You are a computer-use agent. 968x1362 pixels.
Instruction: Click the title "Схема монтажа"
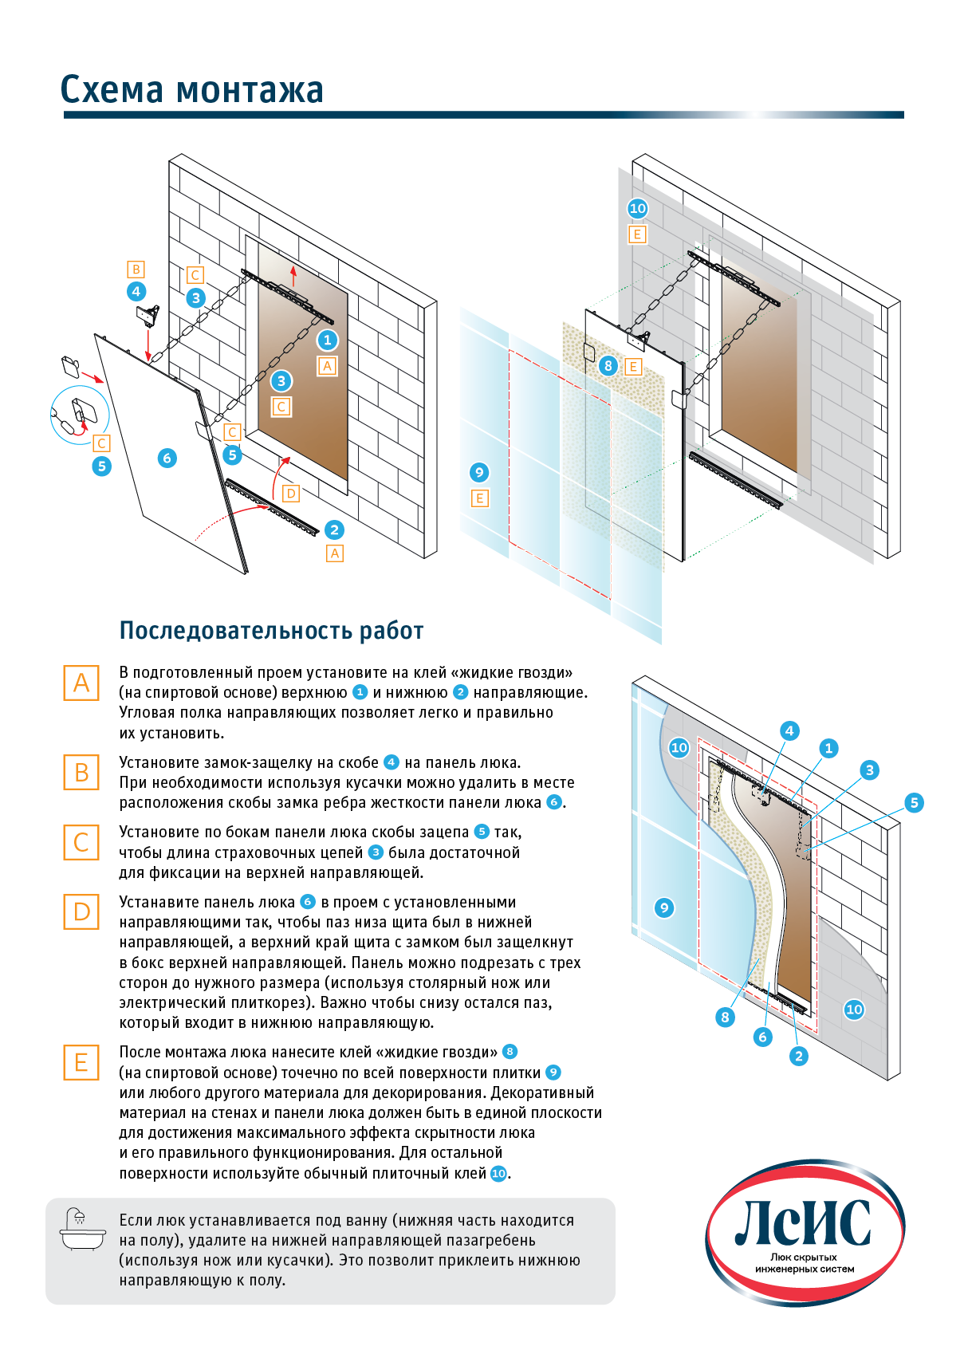point(191,90)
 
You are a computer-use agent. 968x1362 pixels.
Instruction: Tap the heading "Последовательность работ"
point(271,631)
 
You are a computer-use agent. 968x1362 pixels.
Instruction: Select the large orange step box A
point(81,683)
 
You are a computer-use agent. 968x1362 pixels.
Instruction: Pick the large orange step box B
point(81,773)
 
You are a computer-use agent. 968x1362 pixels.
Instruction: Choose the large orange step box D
point(81,911)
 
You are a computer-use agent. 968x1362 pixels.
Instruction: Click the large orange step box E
point(81,1062)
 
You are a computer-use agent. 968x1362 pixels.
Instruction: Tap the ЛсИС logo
point(804,1231)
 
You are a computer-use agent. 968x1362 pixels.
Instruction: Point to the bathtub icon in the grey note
point(82,1229)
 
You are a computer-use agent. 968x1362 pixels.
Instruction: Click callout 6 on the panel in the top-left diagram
point(167,458)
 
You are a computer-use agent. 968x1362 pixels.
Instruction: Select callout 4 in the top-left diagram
point(136,291)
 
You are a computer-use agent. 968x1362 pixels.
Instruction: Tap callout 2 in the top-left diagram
point(334,529)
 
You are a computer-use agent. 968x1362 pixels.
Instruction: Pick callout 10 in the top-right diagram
point(637,209)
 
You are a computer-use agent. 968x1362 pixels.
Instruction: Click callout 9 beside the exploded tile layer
point(479,472)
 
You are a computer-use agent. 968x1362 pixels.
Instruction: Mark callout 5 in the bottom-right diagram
point(915,802)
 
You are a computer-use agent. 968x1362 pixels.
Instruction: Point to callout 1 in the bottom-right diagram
point(828,747)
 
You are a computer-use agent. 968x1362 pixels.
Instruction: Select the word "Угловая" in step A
point(148,713)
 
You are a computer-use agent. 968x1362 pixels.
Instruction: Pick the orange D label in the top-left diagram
point(291,494)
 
